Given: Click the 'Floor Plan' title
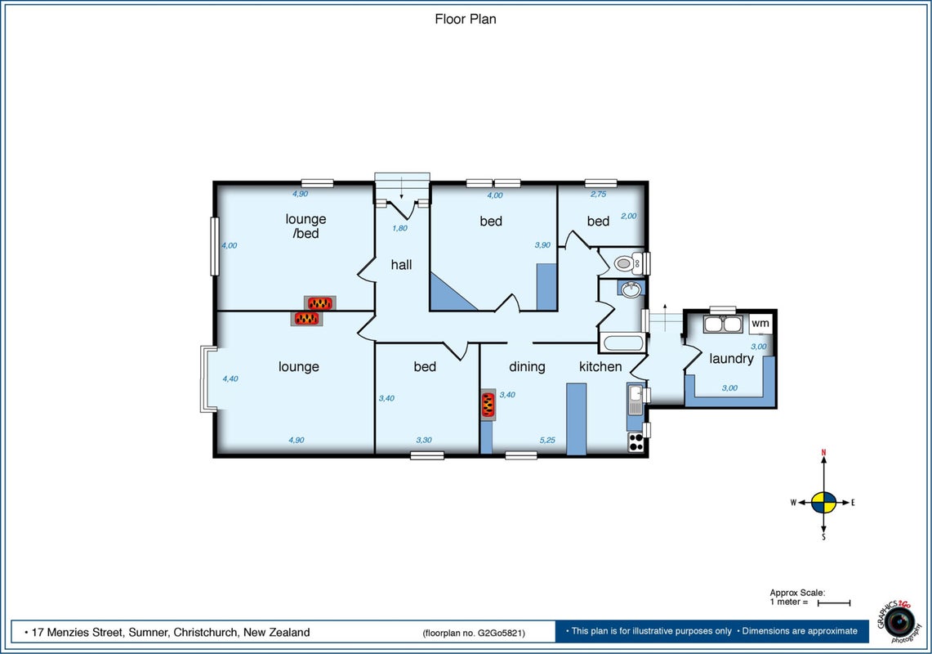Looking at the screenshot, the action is (466, 19).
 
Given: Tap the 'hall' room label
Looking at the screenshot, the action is (401, 265).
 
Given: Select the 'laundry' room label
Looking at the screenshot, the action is (731, 359).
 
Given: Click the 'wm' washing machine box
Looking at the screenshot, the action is (760, 324).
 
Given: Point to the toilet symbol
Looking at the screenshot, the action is (627, 262).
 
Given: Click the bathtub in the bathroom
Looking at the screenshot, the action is (623, 343).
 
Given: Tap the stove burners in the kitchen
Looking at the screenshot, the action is (636, 443).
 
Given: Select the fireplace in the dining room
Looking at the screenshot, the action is (488, 405).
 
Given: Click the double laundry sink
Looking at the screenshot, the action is (723, 325).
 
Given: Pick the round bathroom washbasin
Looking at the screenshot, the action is (630, 289).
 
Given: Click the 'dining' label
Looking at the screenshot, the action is (527, 366).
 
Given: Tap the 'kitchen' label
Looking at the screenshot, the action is (600, 366).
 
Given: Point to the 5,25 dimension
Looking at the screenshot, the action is (547, 441).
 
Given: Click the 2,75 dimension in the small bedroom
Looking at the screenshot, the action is (599, 194).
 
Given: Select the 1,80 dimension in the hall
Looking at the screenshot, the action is (400, 228).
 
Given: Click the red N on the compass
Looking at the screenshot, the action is (824, 453).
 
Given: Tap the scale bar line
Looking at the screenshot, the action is (834, 602).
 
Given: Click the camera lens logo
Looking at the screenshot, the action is (899, 622).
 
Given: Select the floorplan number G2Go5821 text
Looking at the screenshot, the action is (474, 633).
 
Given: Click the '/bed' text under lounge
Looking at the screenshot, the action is (305, 233).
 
